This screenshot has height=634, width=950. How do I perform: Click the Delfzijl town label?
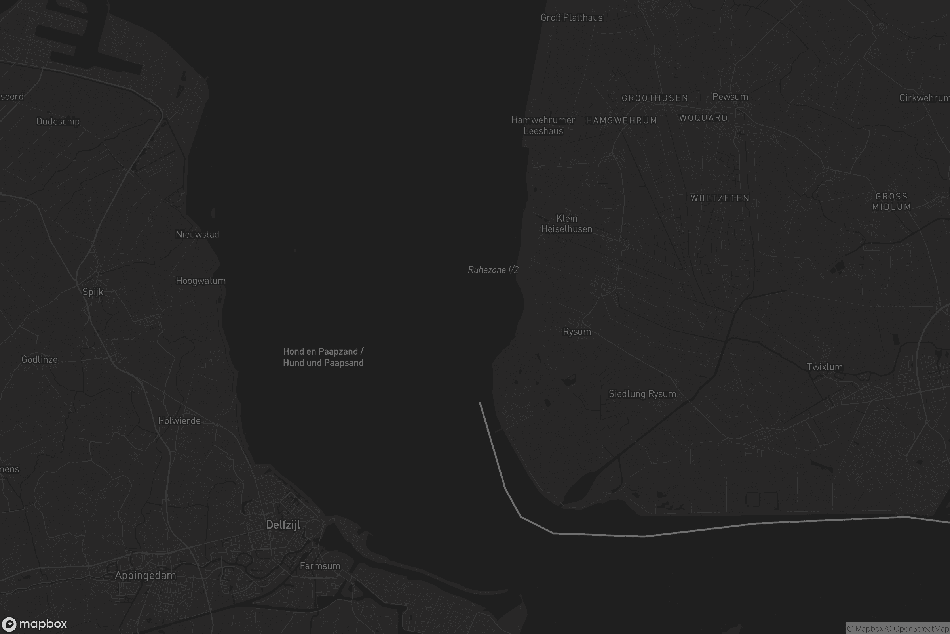pyautogui.click(x=283, y=525)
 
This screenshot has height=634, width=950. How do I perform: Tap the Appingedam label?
pyautogui.click(x=145, y=575)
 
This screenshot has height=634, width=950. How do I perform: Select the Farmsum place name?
pyautogui.click(x=320, y=566)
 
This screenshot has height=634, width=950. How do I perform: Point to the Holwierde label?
pyautogui.click(x=179, y=420)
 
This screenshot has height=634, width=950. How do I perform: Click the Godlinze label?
pyautogui.click(x=39, y=359)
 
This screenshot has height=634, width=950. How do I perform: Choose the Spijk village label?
pyautogui.click(x=93, y=292)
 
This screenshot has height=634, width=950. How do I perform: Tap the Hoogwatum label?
pyautogui.click(x=201, y=281)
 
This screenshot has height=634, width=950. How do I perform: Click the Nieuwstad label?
pyautogui.click(x=197, y=234)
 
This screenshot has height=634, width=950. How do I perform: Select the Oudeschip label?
pyautogui.click(x=58, y=121)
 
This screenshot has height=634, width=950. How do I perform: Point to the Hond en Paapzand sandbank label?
pyautogui.click(x=323, y=357)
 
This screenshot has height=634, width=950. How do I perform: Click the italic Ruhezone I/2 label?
pyautogui.click(x=493, y=270)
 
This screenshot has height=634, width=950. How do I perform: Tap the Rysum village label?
pyautogui.click(x=577, y=332)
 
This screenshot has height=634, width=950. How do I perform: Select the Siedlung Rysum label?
pyautogui.click(x=642, y=394)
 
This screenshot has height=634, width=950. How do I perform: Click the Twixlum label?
pyautogui.click(x=825, y=367)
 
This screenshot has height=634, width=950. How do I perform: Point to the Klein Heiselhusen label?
pyautogui.click(x=567, y=223)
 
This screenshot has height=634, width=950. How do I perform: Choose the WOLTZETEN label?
pyautogui.click(x=720, y=198)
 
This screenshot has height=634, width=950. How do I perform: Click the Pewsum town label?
pyautogui.click(x=730, y=97)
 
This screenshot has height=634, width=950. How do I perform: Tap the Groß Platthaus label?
pyautogui.click(x=571, y=17)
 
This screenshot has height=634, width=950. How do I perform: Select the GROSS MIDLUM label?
pyautogui.click(x=891, y=201)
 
